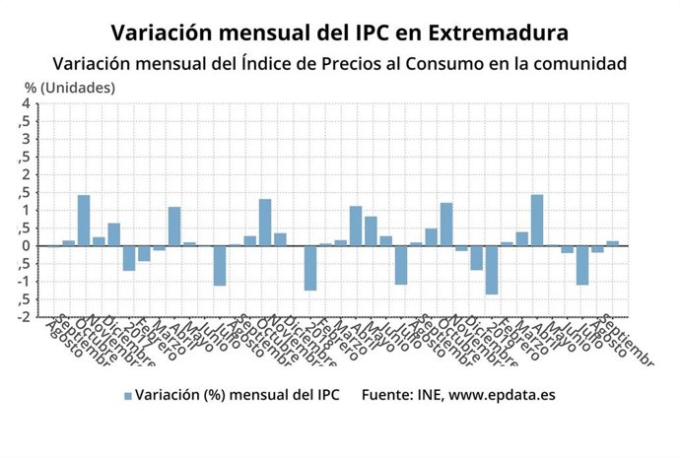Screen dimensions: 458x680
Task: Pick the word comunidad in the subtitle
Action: (x=577, y=64)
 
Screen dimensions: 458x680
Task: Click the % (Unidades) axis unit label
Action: (x=70, y=87)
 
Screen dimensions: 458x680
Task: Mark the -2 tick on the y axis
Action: (x=22, y=317)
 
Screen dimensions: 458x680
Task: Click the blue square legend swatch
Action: (x=128, y=396)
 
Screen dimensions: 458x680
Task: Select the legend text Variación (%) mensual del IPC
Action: (x=238, y=395)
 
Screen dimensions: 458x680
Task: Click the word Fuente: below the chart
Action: (x=385, y=395)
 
